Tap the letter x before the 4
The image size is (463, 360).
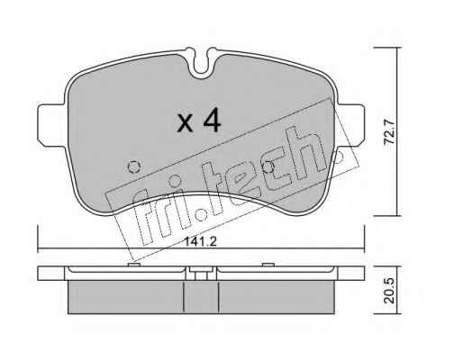coord(185,123)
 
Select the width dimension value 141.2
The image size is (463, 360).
coord(200,241)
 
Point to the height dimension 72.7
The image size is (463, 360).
coord(390,131)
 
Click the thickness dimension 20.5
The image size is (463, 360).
coord(389,291)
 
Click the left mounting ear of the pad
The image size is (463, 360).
coord(51,125)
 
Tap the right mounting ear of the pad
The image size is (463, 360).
coord(351,125)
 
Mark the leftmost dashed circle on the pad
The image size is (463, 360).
coord(134,166)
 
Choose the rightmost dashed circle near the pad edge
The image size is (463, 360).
coord(338,156)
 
